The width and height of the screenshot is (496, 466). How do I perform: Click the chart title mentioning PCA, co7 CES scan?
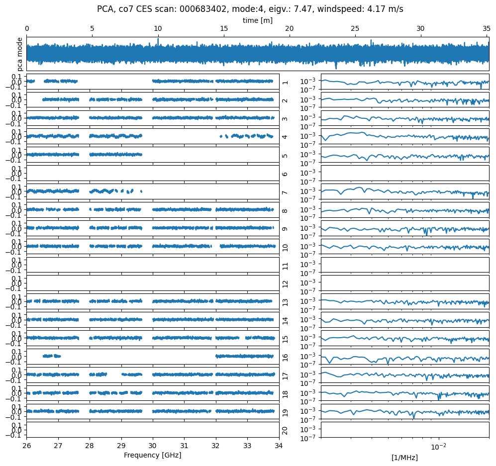[250, 9]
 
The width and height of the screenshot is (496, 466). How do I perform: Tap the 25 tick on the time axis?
[355, 29]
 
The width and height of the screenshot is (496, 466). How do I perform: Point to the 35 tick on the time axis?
[486, 29]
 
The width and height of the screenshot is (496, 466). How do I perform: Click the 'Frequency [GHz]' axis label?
[152, 455]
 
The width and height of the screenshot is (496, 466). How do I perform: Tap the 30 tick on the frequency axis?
[153, 446]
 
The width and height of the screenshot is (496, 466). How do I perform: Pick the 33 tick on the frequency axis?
[247, 446]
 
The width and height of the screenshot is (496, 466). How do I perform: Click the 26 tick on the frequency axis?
[27, 446]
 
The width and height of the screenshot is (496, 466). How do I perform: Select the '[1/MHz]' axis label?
[404, 457]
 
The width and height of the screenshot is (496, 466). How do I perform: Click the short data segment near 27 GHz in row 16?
[51, 356]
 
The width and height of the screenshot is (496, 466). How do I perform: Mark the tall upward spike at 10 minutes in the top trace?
[158, 40]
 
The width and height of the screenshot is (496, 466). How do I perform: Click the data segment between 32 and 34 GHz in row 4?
[247, 135]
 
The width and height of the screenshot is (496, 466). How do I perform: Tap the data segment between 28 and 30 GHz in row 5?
[115, 155]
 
